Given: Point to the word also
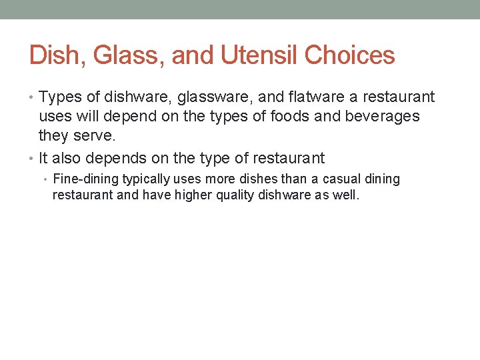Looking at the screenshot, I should click(67, 159).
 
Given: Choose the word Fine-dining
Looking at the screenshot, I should click(86, 179).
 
